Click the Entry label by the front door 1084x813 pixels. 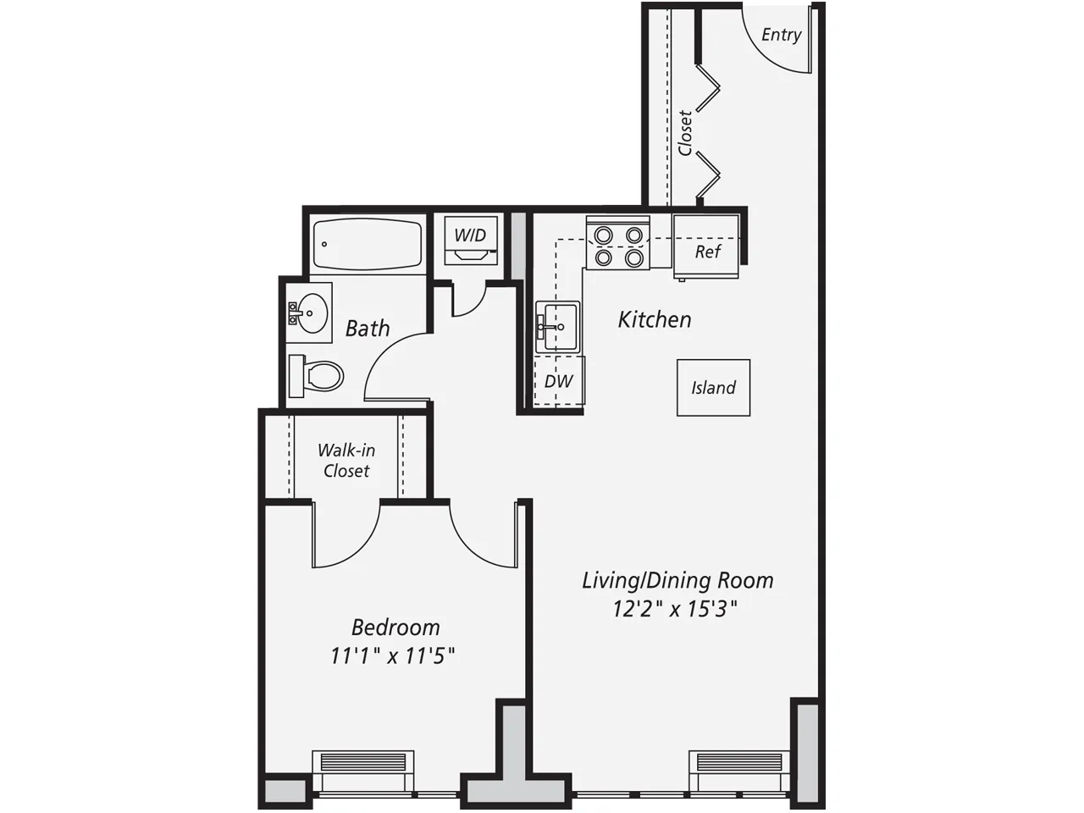point(781,35)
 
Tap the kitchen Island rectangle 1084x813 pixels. point(713,388)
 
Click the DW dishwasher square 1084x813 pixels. point(558,382)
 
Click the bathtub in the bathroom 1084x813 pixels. point(367,245)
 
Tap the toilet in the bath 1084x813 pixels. point(317,375)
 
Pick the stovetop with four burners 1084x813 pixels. point(617,245)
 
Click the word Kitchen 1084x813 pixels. point(655,319)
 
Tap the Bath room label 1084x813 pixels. point(368,328)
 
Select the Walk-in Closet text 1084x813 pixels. point(346,460)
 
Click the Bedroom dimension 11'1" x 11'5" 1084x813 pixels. point(394,655)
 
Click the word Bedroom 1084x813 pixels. point(395,628)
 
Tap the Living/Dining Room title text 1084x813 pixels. point(677,581)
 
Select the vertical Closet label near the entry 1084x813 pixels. point(685,133)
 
